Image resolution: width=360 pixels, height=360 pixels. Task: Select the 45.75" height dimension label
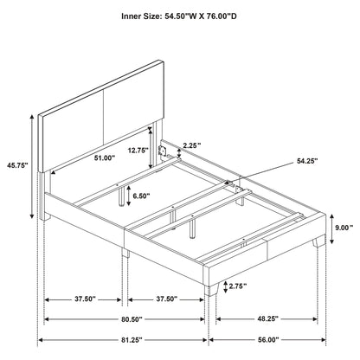click(16, 163)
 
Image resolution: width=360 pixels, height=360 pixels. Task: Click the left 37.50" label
click(83, 299)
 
